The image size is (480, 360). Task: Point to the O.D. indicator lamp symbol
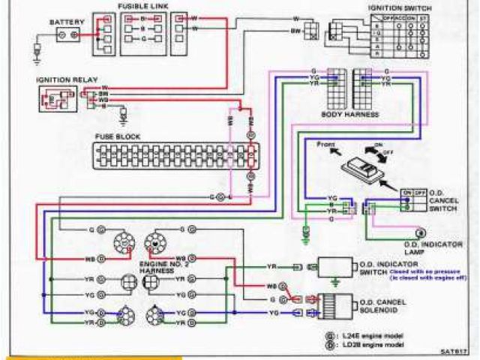pyautogui.click(x=421, y=232)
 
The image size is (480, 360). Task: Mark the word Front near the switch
pyautogui.click(x=325, y=143)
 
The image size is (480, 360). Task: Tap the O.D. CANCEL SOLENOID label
pyautogui.click(x=398, y=301)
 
